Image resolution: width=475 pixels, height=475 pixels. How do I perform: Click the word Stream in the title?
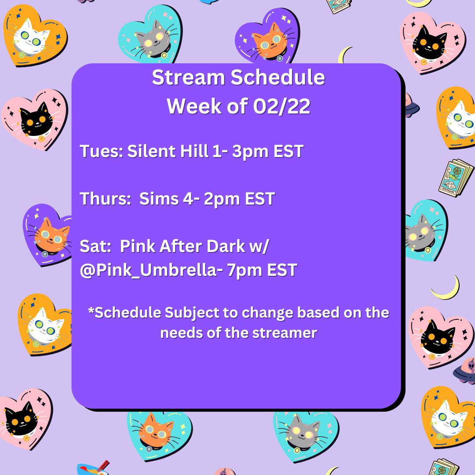click(188, 77)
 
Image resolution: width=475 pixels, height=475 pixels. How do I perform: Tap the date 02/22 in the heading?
click(282, 106)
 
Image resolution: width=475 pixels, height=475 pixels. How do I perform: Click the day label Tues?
click(101, 151)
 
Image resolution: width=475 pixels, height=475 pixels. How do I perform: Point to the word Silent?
click(151, 151)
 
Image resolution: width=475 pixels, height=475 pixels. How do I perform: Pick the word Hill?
click(194, 151)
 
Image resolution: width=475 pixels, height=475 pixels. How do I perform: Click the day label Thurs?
click(105, 199)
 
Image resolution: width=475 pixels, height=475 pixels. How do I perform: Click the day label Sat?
click(95, 246)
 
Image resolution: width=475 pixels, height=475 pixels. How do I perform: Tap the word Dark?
click(226, 246)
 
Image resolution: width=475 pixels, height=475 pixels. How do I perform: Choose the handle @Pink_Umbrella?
click(148, 270)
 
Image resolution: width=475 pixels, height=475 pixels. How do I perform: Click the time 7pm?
click(245, 270)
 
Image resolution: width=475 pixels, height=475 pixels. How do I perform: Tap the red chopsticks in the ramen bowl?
click(104, 465)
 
